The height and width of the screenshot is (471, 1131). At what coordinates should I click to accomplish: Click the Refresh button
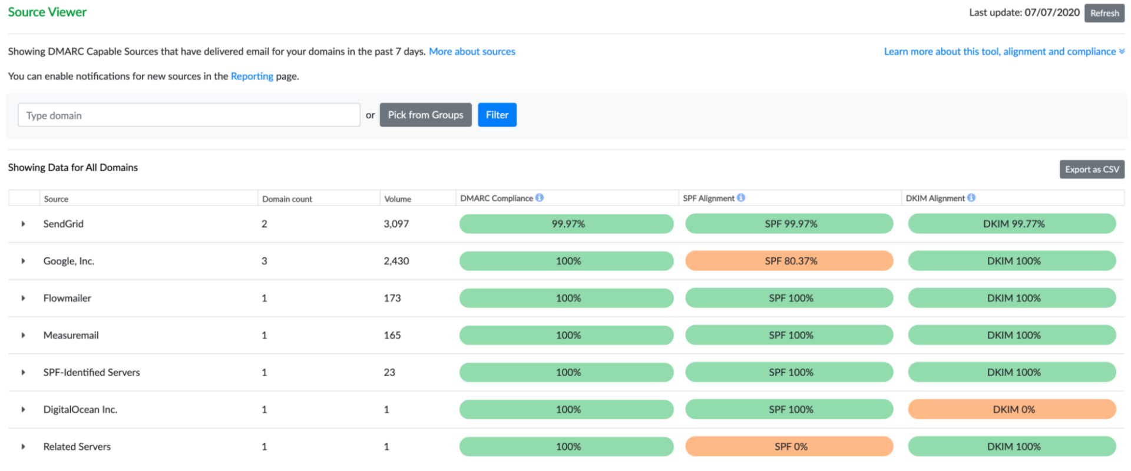click(1104, 13)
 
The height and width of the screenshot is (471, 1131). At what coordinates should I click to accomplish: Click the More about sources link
click(472, 52)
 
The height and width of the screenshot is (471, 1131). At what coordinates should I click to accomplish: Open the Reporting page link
click(252, 77)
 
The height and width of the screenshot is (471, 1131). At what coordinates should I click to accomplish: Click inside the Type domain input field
click(188, 115)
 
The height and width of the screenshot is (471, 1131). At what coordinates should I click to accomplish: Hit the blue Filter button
click(497, 115)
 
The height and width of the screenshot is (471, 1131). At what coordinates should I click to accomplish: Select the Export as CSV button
click(1092, 170)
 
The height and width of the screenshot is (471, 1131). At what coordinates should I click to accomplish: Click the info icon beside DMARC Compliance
click(540, 198)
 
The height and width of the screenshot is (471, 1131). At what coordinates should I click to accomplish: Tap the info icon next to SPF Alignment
click(741, 198)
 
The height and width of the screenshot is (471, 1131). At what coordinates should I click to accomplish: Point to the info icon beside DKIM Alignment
click(971, 198)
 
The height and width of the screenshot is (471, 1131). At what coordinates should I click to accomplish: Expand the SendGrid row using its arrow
click(23, 224)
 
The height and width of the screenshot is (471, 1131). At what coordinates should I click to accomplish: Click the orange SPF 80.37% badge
click(789, 261)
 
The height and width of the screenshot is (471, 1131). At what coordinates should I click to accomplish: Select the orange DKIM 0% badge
click(1012, 409)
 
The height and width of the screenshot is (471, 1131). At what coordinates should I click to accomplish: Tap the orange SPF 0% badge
click(789, 446)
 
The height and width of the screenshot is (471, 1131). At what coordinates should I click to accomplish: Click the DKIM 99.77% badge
click(1012, 224)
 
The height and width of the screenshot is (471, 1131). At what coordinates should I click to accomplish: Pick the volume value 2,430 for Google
click(396, 261)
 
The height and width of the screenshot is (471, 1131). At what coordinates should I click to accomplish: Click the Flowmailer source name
click(67, 298)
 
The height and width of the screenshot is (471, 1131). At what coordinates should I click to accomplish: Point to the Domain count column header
click(287, 199)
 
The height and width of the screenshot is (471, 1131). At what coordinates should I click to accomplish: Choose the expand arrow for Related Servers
click(23, 447)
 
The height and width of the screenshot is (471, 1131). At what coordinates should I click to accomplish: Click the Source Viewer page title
click(47, 12)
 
